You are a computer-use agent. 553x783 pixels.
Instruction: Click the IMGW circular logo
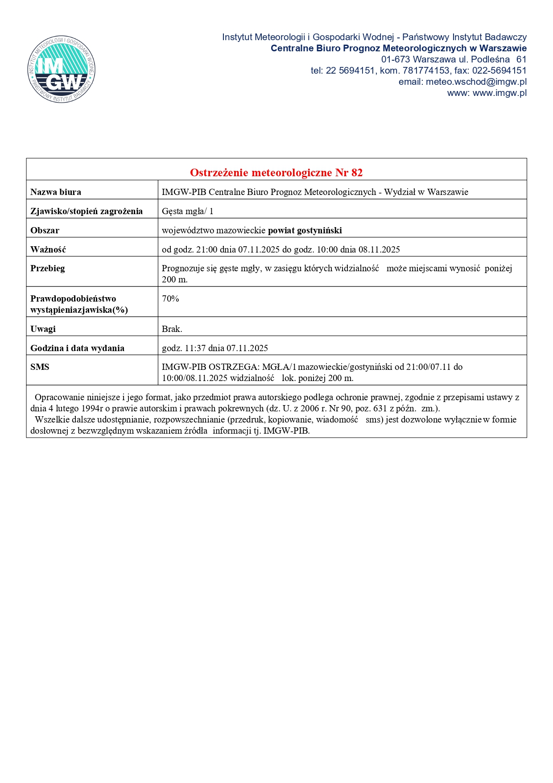click(x=61, y=69)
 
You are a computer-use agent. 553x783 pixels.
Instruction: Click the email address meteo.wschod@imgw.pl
click(x=476, y=82)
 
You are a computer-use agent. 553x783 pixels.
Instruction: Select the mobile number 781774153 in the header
click(x=426, y=70)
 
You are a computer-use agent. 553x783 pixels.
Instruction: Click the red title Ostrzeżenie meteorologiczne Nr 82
click(x=276, y=173)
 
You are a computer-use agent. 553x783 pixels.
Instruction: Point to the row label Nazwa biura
click(x=56, y=192)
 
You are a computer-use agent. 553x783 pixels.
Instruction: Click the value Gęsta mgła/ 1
click(x=187, y=211)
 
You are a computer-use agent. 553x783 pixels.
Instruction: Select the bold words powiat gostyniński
click(x=305, y=230)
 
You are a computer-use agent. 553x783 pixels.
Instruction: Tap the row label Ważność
click(x=48, y=249)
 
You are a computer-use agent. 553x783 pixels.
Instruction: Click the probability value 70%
click(x=170, y=298)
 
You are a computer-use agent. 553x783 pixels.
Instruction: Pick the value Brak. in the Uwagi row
click(x=172, y=329)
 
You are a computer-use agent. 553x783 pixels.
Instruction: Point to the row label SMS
click(x=40, y=367)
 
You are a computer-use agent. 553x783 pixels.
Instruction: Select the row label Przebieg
click(x=48, y=268)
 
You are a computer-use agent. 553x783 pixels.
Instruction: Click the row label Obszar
click(x=45, y=230)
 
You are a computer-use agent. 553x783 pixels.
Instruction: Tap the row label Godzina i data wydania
click(x=77, y=348)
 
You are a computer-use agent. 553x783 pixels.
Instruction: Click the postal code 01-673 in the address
click(x=395, y=59)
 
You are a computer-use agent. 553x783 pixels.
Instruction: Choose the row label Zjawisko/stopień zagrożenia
click(x=87, y=211)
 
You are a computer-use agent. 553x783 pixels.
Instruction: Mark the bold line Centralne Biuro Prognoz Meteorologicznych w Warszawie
click(x=398, y=48)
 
